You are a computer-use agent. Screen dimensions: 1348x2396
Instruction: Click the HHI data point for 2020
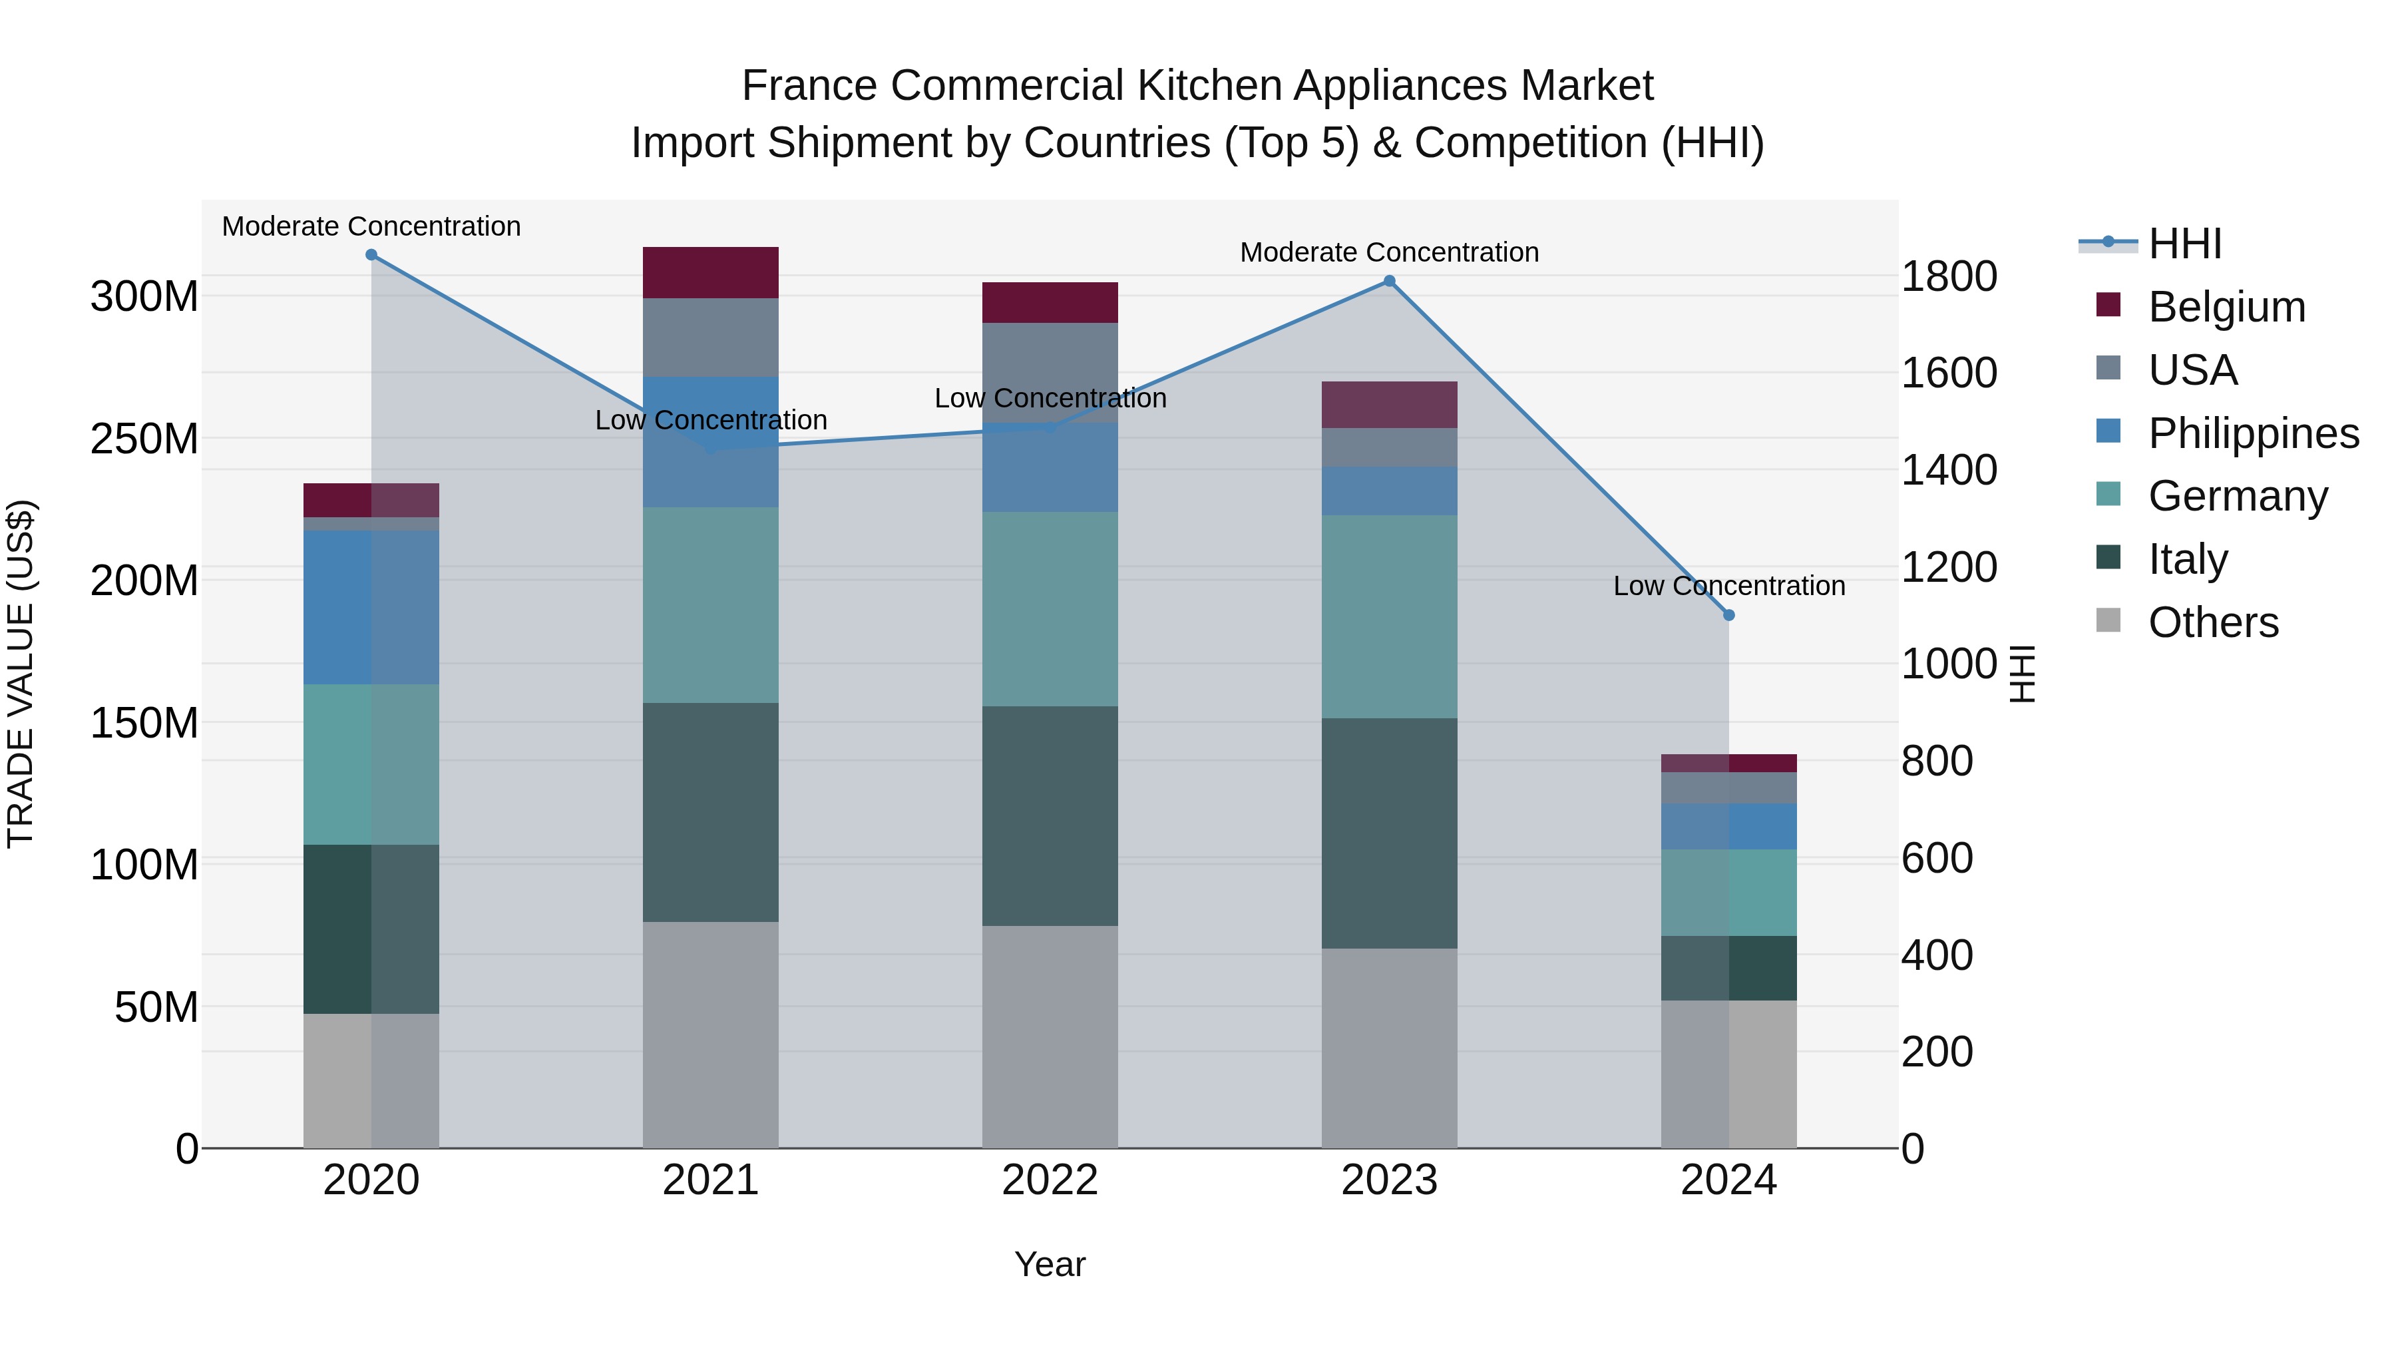[371, 255]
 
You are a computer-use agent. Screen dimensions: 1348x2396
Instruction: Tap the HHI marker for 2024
[1729, 615]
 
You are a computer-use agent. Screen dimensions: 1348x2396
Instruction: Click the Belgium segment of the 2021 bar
[711, 272]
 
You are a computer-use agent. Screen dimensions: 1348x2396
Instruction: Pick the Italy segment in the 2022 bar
[1050, 816]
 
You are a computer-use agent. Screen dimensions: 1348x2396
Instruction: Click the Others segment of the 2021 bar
[711, 1034]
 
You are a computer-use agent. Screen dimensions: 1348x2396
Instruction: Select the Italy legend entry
[2188, 559]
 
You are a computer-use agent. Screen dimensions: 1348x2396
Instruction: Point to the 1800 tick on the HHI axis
[1949, 276]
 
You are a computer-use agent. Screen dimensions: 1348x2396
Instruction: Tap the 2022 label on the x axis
[1050, 1180]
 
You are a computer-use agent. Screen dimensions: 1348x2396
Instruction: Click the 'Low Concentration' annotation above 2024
[1729, 586]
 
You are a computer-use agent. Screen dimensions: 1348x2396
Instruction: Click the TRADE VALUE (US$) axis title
[21, 674]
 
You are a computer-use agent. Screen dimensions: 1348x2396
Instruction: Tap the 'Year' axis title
[1050, 1264]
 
